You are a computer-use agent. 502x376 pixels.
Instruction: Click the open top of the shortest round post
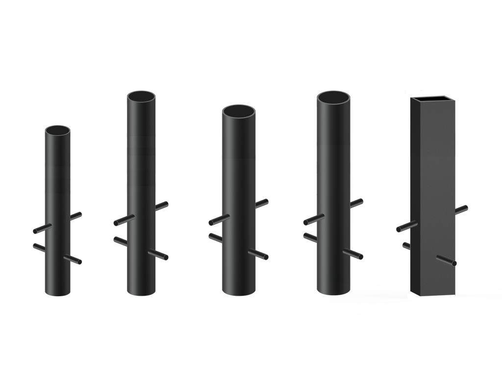click(57, 131)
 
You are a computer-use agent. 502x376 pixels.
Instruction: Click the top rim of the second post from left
click(141, 96)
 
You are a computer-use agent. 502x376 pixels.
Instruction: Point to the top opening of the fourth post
click(334, 97)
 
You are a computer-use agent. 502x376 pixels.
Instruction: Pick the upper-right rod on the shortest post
click(76, 215)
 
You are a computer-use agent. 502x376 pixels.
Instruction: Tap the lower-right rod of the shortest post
click(75, 260)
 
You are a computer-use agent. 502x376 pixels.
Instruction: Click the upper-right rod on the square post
click(462, 209)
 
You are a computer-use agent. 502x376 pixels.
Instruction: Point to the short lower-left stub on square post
click(405, 246)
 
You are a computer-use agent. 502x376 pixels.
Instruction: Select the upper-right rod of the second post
click(163, 206)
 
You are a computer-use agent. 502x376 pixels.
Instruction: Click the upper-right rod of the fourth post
click(357, 202)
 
